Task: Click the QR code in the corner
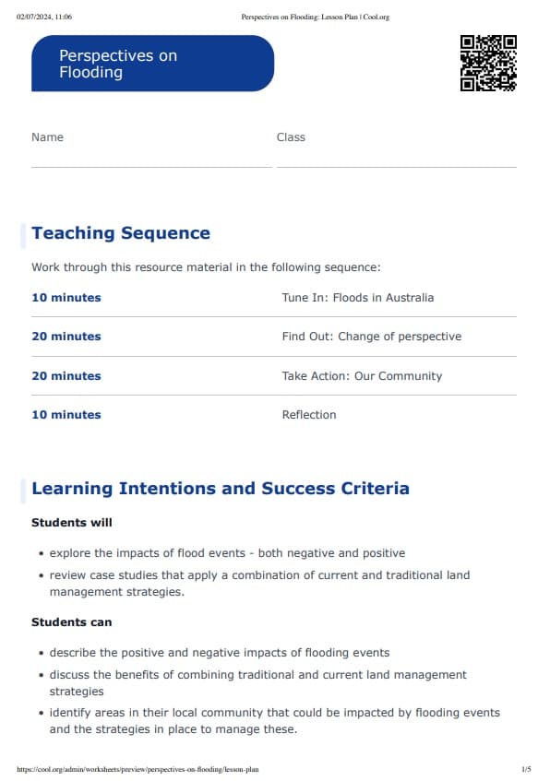(488, 63)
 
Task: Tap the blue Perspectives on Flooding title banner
(152, 64)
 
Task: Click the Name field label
(47, 137)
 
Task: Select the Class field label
(291, 137)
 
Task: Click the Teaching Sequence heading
(121, 233)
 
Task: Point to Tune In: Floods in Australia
(357, 298)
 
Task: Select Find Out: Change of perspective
(371, 337)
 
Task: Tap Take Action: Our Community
(362, 376)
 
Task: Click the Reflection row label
(309, 415)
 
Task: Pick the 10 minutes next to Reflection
(66, 415)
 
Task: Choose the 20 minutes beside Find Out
(66, 337)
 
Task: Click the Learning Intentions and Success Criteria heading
(221, 489)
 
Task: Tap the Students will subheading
(72, 523)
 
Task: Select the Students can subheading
(72, 622)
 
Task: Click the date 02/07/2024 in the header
(31, 17)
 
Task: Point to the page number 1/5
(526, 768)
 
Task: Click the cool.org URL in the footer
(137, 768)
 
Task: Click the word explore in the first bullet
(71, 553)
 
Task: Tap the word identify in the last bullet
(71, 713)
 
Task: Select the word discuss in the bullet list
(71, 675)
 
